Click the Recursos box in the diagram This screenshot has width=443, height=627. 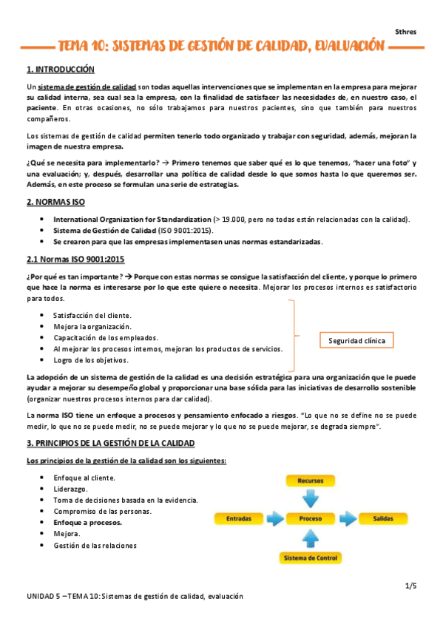click(311, 481)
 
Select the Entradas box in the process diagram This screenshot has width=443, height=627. click(237, 518)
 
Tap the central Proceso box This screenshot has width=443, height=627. click(311, 518)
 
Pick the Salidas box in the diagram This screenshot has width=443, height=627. click(382, 518)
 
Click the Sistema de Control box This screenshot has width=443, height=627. click(311, 557)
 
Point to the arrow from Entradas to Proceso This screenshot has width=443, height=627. click(273, 518)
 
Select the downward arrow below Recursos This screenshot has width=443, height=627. click(311, 498)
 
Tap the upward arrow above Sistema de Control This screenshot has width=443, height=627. click(311, 539)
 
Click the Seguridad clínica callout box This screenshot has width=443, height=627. click(357, 340)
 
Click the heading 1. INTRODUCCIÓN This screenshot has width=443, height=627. click(61, 70)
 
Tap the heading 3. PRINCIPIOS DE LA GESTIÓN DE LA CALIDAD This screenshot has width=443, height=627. click(110, 443)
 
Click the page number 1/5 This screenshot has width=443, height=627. click(411, 586)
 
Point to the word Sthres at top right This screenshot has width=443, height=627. click(406, 32)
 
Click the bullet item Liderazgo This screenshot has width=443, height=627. click(70, 489)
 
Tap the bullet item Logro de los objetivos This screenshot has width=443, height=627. click(91, 360)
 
